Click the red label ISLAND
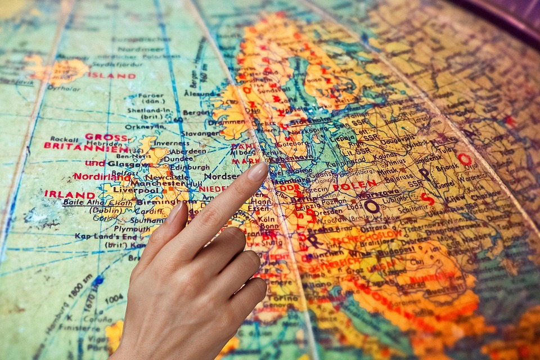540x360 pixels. click(x=111, y=75)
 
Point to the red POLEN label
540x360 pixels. click(x=354, y=186)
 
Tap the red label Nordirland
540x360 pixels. click(x=101, y=177)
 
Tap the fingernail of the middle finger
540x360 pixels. click(x=175, y=211)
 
